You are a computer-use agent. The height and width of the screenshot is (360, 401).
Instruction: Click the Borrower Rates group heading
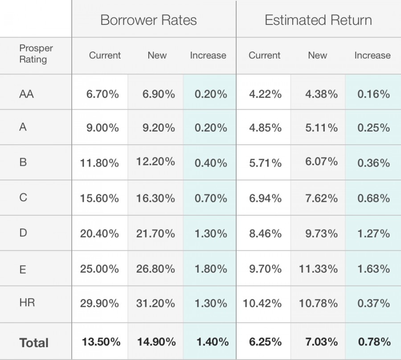pyautogui.click(x=148, y=20)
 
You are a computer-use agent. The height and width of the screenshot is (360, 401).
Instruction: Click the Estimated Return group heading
pyautogui.click(x=318, y=20)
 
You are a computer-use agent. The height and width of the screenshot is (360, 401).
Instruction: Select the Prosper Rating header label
pyautogui.click(x=36, y=54)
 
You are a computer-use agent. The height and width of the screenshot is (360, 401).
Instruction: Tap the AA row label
pyautogui.click(x=27, y=94)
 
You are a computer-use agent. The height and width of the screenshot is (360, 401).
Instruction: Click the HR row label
pyautogui.click(x=27, y=303)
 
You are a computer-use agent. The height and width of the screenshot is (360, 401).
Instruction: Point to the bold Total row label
pyautogui.click(x=34, y=343)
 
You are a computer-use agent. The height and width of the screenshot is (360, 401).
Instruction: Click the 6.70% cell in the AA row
pyautogui.click(x=102, y=94)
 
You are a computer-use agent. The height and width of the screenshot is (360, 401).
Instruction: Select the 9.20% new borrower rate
pyautogui.click(x=159, y=128)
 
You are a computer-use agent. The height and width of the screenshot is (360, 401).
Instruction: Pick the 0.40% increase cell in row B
pyautogui.click(x=211, y=163)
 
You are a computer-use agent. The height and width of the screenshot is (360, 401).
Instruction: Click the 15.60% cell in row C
pyautogui.click(x=99, y=198)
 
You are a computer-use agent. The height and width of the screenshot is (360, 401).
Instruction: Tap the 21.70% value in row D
pyautogui.click(x=155, y=233)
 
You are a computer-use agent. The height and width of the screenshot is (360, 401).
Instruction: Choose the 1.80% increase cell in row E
pyautogui.click(x=211, y=269)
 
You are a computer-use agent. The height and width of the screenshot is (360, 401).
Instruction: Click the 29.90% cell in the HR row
pyautogui.click(x=99, y=303)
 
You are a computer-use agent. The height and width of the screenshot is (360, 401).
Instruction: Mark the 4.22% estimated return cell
pyautogui.click(x=265, y=94)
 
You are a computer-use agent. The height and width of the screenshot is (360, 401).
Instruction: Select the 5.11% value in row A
pyautogui.click(x=321, y=128)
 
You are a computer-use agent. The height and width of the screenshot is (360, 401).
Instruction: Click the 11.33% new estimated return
pyautogui.click(x=318, y=269)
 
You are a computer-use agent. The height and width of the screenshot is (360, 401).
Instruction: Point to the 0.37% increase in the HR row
pyautogui.click(x=373, y=303)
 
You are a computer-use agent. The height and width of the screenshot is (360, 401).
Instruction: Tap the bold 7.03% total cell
pyautogui.click(x=321, y=342)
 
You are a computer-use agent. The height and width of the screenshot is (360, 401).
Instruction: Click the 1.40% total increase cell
pyautogui.click(x=213, y=342)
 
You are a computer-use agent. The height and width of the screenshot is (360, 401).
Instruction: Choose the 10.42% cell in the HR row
pyautogui.click(x=262, y=303)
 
